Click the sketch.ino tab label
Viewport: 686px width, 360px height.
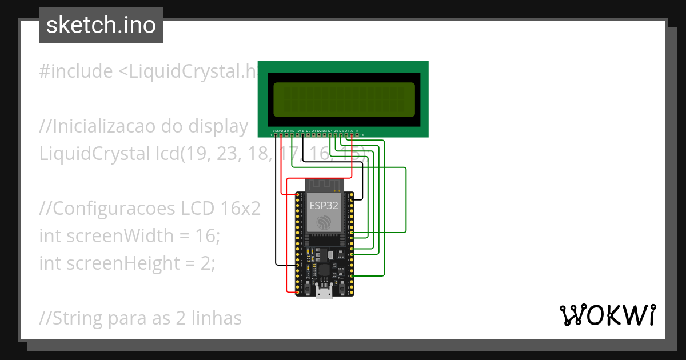coord(101,25)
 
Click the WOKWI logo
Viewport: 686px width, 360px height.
coord(607,315)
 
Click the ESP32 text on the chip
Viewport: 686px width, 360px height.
coord(324,205)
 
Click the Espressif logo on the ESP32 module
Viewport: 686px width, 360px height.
coord(324,222)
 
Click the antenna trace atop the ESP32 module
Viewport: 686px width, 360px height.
coord(324,185)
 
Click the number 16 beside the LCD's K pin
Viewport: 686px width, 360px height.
coord(362,135)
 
